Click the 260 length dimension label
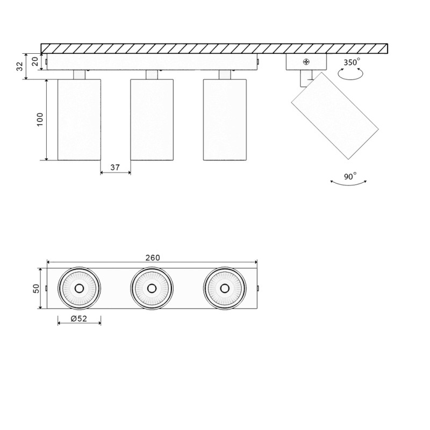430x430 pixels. pos(153,258)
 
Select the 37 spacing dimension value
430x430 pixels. pos(115,167)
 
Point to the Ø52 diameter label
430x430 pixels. pos(78,319)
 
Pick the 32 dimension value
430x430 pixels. pos(20,66)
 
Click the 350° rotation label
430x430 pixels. pos(352,62)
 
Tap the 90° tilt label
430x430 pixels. pos(350,176)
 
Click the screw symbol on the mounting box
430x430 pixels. pos(306,62)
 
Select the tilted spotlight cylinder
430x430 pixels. pos(335,115)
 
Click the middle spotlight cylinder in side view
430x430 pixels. pos(152,119)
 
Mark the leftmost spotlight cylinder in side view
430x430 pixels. pos(79,119)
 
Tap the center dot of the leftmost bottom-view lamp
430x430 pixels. pos(79,289)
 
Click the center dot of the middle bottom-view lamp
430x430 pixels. pos(152,289)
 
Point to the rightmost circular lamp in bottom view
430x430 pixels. pos(225,289)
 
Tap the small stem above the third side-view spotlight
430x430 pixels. pos(225,75)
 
